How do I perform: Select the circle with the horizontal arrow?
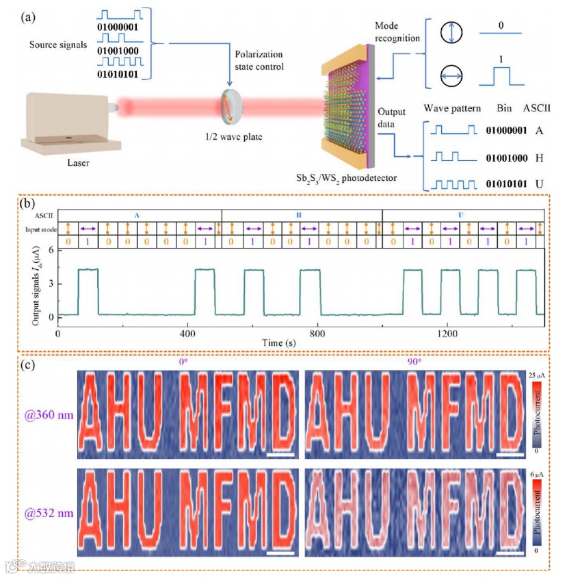452,79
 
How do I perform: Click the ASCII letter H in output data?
539,158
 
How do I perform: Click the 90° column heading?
413,363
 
